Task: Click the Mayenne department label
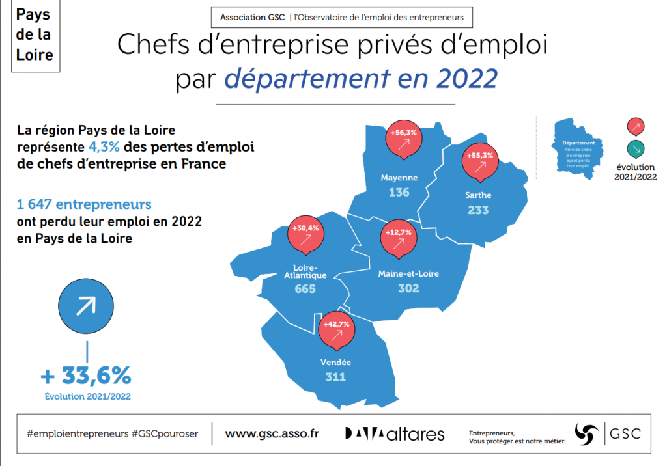pos(399,177)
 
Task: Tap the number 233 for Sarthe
pos(477,210)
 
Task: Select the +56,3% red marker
pos(403,139)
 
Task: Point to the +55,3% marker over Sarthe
pos(479,162)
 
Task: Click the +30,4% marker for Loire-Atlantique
pos(305,235)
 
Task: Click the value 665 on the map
pos(305,288)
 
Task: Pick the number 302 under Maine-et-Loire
pos(408,288)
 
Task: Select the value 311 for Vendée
pos(336,377)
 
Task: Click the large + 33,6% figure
pos(86,376)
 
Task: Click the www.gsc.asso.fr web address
pos(272,433)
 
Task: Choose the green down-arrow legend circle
pos(635,148)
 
